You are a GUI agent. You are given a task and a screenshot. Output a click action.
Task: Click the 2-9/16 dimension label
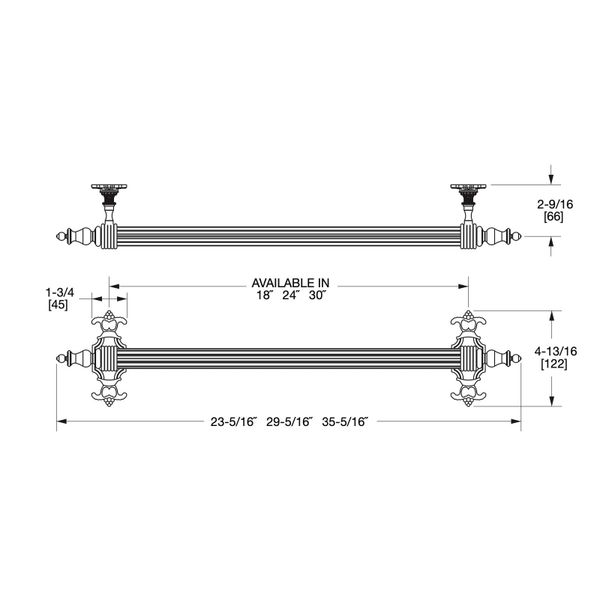tap(555, 204)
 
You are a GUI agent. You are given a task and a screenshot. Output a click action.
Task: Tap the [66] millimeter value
tap(553, 217)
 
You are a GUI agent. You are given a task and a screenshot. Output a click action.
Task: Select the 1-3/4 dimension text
tap(60, 293)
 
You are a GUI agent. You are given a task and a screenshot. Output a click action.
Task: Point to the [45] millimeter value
tap(58, 305)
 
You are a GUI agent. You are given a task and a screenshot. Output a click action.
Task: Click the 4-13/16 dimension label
tap(555, 351)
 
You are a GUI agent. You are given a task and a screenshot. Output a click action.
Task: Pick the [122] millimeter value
tap(554, 364)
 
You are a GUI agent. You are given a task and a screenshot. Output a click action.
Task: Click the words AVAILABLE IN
tap(290, 283)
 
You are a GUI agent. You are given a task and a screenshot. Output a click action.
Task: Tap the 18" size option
tap(264, 295)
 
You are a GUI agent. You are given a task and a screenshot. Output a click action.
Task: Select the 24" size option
tap(291, 295)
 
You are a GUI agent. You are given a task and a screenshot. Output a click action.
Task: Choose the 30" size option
tap(318, 295)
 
